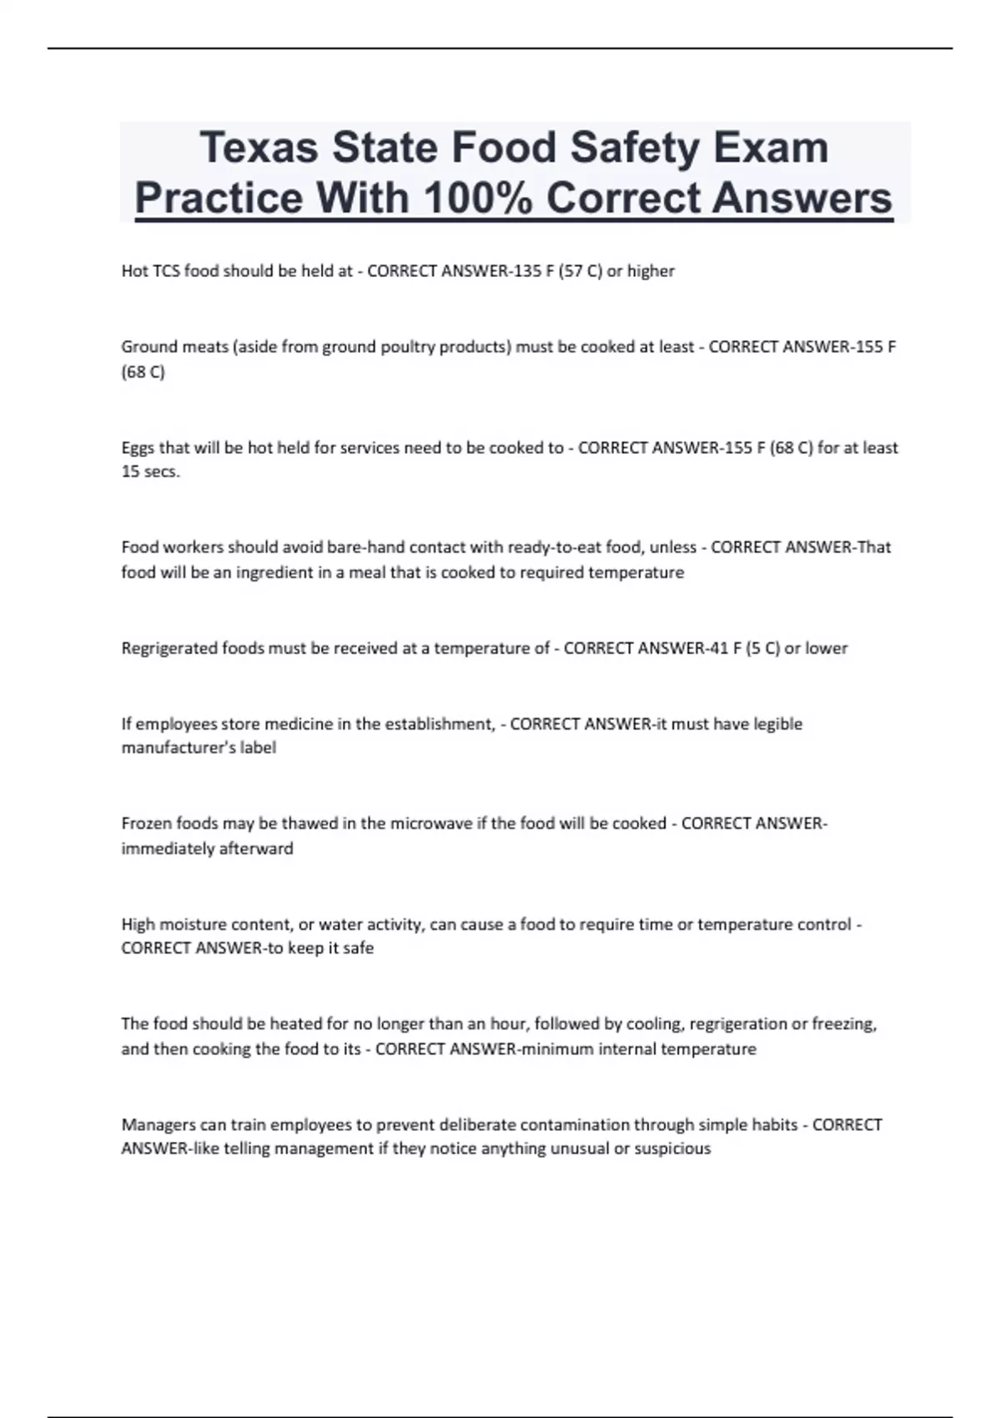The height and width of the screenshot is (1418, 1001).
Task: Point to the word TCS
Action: (166, 271)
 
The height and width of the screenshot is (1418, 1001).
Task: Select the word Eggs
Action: (138, 448)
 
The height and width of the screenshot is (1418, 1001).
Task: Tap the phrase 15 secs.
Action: (150, 472)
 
